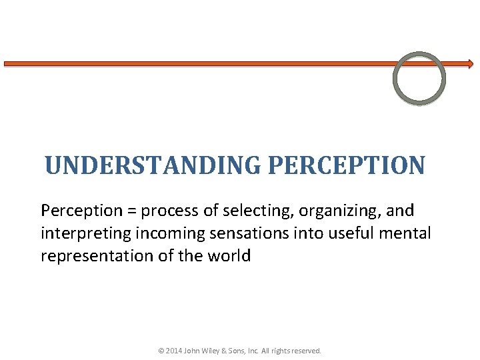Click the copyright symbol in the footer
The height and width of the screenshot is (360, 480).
[161, 350]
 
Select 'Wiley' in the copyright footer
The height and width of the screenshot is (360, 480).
[214, 350]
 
